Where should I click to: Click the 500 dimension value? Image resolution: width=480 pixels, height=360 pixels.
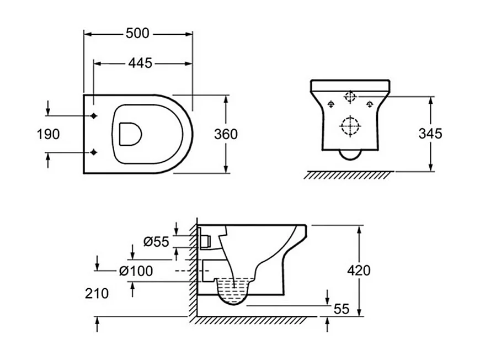137,34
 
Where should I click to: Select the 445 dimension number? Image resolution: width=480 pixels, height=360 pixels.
140,63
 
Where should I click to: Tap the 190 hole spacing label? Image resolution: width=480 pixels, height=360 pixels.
48,134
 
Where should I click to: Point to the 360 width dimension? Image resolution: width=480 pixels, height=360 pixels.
226,134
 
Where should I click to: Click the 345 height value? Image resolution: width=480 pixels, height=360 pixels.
430,134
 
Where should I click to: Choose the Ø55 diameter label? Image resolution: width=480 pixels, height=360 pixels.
156,241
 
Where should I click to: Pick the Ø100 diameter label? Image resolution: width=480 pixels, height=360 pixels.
136,271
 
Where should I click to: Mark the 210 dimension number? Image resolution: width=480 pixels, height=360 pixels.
97,293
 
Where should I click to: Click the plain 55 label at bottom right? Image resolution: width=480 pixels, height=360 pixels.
342,309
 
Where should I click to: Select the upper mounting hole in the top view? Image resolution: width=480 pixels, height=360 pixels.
94,116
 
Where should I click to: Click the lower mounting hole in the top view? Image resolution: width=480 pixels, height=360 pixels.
94,152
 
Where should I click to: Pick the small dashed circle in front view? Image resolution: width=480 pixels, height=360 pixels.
350,97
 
